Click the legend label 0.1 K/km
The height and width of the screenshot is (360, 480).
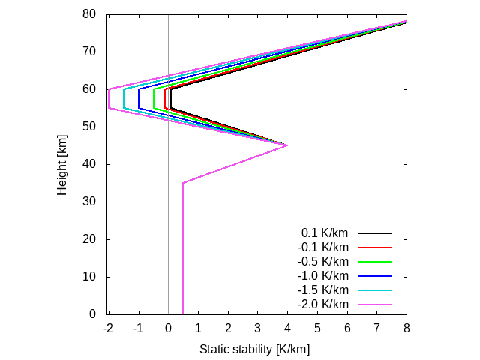pos(325,233)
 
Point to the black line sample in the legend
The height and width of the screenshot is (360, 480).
pos(375,233)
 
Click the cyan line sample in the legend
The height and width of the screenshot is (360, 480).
pos(375,290)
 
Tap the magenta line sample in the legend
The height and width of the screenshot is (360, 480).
pos(375,304)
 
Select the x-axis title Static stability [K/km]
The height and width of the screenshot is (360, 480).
pos(254,349)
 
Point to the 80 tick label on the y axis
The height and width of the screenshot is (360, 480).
pos(89,14)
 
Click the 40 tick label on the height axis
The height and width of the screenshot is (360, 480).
pos(89,164)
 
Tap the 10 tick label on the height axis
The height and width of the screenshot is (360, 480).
pos(89,277)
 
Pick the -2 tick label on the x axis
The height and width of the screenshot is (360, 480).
pos(107,328)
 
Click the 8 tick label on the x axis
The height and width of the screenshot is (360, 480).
pos(406,328)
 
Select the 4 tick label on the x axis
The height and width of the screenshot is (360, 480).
pos(287,328)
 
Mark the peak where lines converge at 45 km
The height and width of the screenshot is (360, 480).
pos(287,145)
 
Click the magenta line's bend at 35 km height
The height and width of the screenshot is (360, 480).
pos(183,182)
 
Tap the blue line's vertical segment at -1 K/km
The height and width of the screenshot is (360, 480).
pos(138,98)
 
